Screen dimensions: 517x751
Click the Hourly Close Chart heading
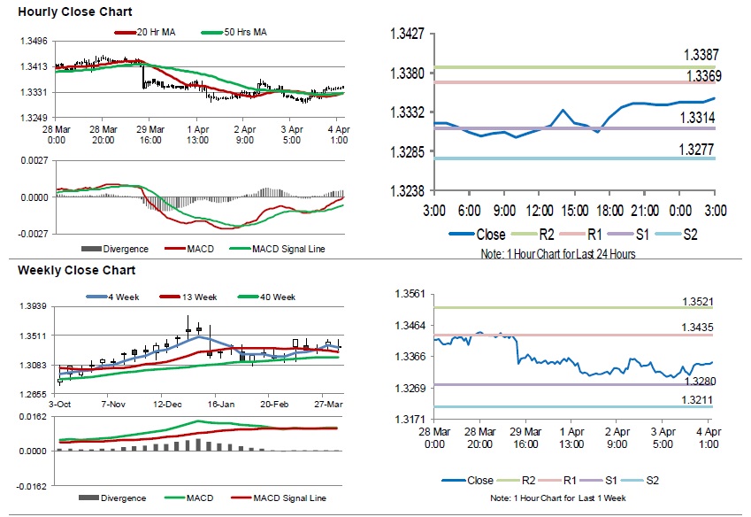tap(75, 12)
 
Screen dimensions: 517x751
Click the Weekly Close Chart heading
tap(77, 270)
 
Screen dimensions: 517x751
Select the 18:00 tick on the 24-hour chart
tap(609, 211)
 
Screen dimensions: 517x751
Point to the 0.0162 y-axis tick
tap(34, 416)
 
